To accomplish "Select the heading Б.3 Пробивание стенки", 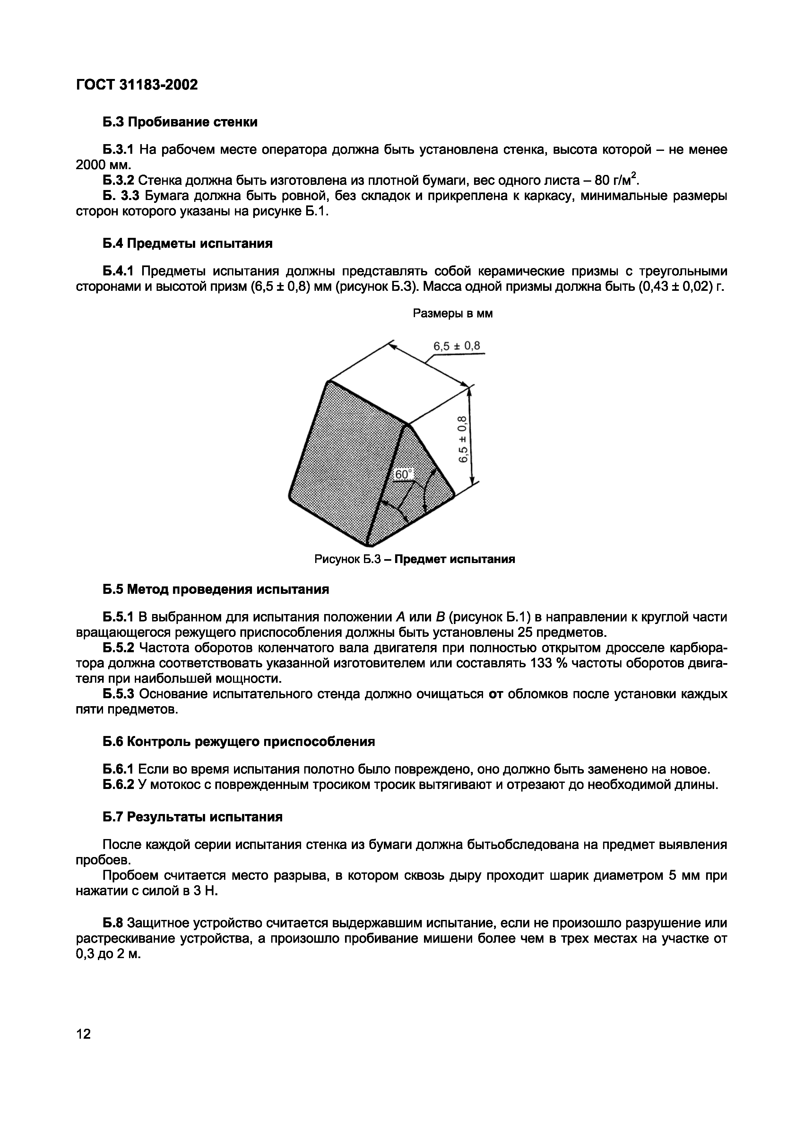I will point(179,122).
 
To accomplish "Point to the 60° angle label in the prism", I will point(404,474).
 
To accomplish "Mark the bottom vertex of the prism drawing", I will point(369,545).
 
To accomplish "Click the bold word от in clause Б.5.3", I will point(496,694).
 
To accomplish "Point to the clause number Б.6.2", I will point(118,785).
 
